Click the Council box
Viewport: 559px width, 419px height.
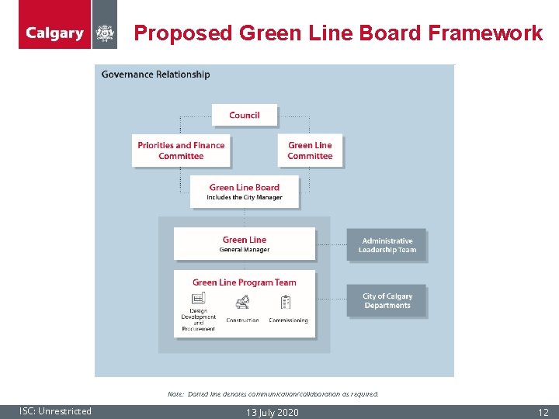[x=245, y=116]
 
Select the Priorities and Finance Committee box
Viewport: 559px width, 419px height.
[x=181, y=151]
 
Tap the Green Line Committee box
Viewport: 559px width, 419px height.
[x=310, y=151]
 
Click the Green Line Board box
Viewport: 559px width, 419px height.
[x=245, y=191]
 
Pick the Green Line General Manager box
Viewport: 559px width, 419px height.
[x=245, y=244]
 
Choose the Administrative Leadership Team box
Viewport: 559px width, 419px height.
[x=387, y=245]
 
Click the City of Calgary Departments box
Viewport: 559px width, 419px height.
[x=387, y=300]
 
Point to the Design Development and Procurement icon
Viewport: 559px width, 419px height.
[x=199, y=300]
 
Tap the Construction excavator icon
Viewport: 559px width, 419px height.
[x=242, y=302]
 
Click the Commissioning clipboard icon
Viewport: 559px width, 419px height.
[x=287, y=302]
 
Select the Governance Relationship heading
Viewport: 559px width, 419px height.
[x=155, y=74]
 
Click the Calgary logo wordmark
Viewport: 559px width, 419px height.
[x=54, y=33]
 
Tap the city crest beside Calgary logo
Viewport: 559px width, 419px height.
[x=105, y=33]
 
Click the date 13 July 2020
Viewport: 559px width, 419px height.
[x=271, y=412]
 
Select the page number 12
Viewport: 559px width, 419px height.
[x=543, y=412]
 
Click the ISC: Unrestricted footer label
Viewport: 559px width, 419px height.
[x=56, y=411]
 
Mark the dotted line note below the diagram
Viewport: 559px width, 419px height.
[x=273, y=394]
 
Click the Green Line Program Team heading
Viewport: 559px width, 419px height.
[x=245, y=282]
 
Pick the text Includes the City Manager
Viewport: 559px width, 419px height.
[x=245, y=198]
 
